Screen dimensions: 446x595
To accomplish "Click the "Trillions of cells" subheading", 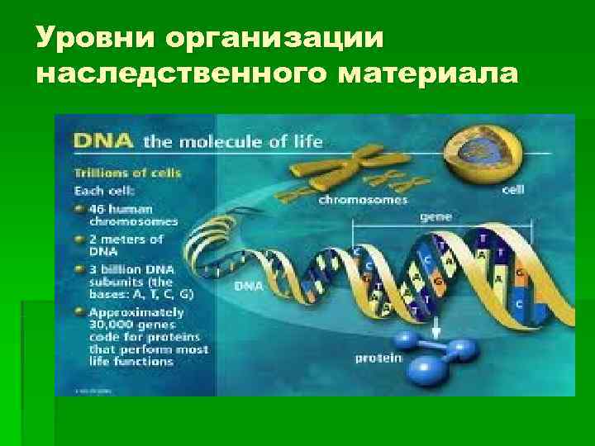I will tap(128, 173).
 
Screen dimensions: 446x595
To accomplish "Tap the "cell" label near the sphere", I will tap(512, 188).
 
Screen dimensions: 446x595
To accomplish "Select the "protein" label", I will tap(378, 358).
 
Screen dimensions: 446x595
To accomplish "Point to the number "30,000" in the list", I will tap(109, 326).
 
